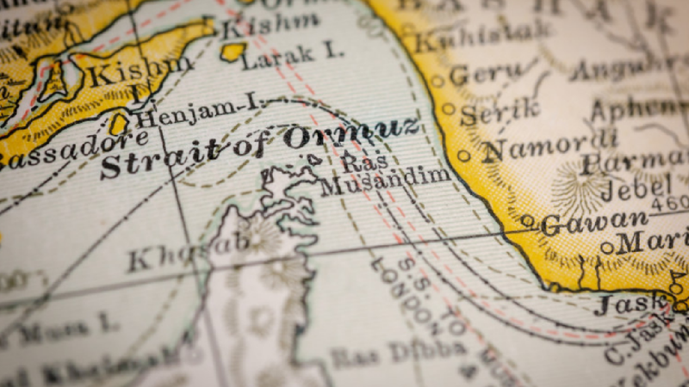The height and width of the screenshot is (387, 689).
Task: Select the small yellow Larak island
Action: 232,52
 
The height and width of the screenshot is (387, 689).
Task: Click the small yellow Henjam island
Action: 119,125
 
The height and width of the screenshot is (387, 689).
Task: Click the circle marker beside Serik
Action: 448,109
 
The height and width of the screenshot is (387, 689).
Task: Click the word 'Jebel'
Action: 636,185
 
